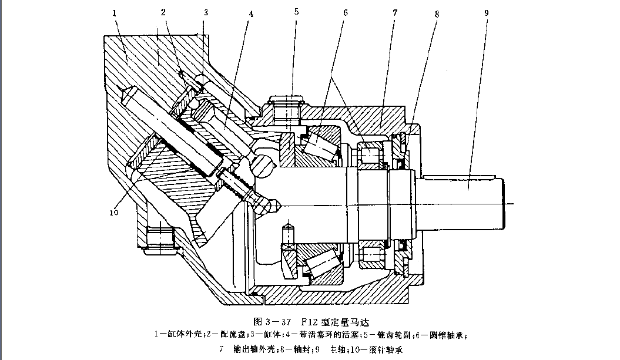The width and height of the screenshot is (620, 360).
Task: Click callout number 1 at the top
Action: (x=116, y=12)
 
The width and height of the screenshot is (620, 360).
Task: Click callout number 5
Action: (x=297, y=12)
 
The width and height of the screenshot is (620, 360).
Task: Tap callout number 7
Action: (x=396, y=12)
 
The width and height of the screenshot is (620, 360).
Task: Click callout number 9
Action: (x=486, y=12)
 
